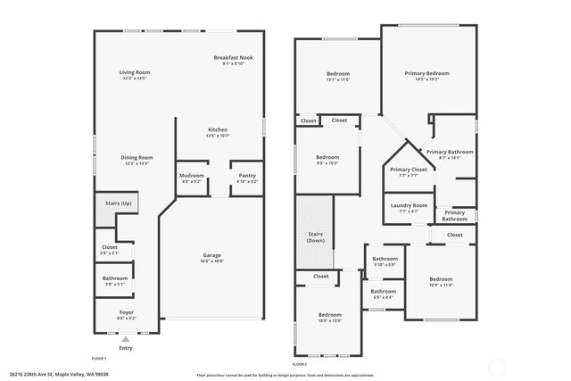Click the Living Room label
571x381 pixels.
pyautogui.click(x=135, y=72)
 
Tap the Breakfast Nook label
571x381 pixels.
pyautogui.click(x=233, y=58)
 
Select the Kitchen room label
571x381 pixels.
pyautogui.click(x=219, y=129)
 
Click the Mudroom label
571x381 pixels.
pyautogui.click(x=192, y=176)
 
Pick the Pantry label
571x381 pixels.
pyautogui.click(x=247, y=176)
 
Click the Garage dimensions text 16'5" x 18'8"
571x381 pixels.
pyautogui.click(x=211, y=261)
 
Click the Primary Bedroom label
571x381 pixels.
pyautogui.click(x=426, y=72)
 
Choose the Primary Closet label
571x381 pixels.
pyautogui.click(x=408, y=169)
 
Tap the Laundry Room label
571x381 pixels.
pyautogui.click(x=409, y=205)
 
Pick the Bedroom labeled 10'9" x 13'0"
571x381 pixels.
pyautogui.click(x=330, y=314)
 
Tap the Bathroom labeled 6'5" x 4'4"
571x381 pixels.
pyautogui.click(x=384, y=291)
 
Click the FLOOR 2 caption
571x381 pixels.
pyautogui.click(x=300, y=364)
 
